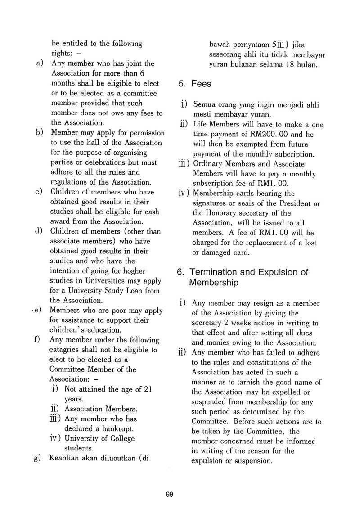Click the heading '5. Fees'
(194, 84)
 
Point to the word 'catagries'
(64, 350)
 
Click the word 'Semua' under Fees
(205, 105)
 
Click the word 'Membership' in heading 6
(213, 283)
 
